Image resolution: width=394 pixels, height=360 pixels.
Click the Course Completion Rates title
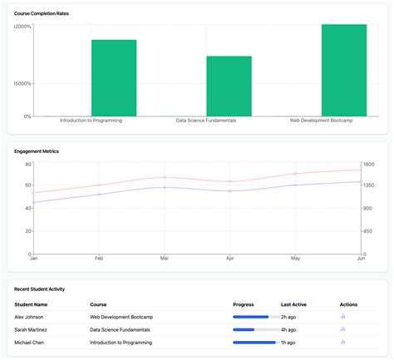pos(42,14)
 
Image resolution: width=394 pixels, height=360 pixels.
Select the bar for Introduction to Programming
pos(114,77)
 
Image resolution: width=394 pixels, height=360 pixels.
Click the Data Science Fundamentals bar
pos(229,86)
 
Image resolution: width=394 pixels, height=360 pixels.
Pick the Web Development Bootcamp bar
pos(343,70)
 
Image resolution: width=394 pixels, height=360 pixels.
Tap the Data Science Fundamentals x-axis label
pos(206,121)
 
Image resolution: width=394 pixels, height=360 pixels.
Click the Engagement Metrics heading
pos(37,151)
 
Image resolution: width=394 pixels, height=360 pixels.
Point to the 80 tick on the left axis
pos(27,163)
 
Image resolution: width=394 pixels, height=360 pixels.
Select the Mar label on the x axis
pos(165,259)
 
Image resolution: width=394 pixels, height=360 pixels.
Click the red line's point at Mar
pos(165,177)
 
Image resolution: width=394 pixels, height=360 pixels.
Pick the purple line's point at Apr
pos(230,191)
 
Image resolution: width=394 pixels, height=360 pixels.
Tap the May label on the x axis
pos(295,259)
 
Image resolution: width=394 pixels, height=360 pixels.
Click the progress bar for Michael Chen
pos(254,342)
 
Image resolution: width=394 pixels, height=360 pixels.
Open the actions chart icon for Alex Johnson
pos(342,317)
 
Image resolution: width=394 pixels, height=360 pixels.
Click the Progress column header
pos(244,304)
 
